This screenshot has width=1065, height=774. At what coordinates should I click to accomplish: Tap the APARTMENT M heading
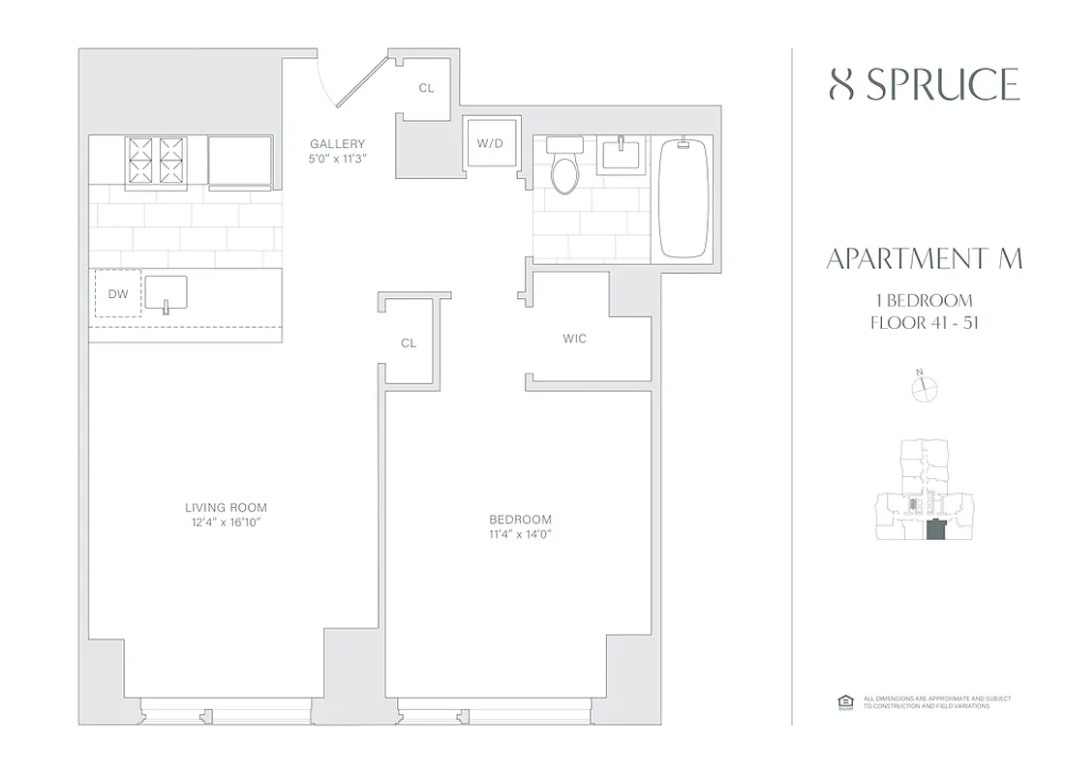click(925, 259)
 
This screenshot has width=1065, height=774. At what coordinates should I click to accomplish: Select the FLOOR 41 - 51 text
click(925, 322)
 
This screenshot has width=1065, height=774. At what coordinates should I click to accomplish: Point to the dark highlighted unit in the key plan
click(936, 531)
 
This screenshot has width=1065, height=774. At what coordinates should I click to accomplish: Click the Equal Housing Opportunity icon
click(842, 701)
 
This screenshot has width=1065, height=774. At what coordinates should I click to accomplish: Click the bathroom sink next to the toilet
click(618, 153)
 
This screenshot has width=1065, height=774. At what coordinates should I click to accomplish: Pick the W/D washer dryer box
click(491, 144)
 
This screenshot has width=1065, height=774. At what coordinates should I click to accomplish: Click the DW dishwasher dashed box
click(118, 293)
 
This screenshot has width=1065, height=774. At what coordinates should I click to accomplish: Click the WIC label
click(574, 339)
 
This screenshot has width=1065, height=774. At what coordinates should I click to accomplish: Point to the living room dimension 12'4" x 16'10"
click(226, 522)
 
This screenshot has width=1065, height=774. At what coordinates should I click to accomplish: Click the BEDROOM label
click(520, 520)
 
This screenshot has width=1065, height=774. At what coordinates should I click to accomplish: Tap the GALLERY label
click(337, 144)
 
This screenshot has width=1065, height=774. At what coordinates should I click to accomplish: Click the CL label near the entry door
click(426, 88)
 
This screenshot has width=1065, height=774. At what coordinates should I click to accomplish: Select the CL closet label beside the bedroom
click(409, 343)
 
